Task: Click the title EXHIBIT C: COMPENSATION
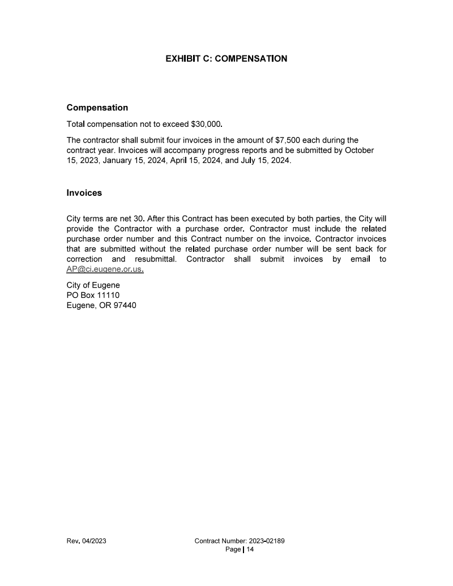pos(226,58)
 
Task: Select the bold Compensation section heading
pos(97,108)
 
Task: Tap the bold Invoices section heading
pos(84,193)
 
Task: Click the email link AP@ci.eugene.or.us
pos(105,270)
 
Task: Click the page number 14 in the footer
pos(250,549)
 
